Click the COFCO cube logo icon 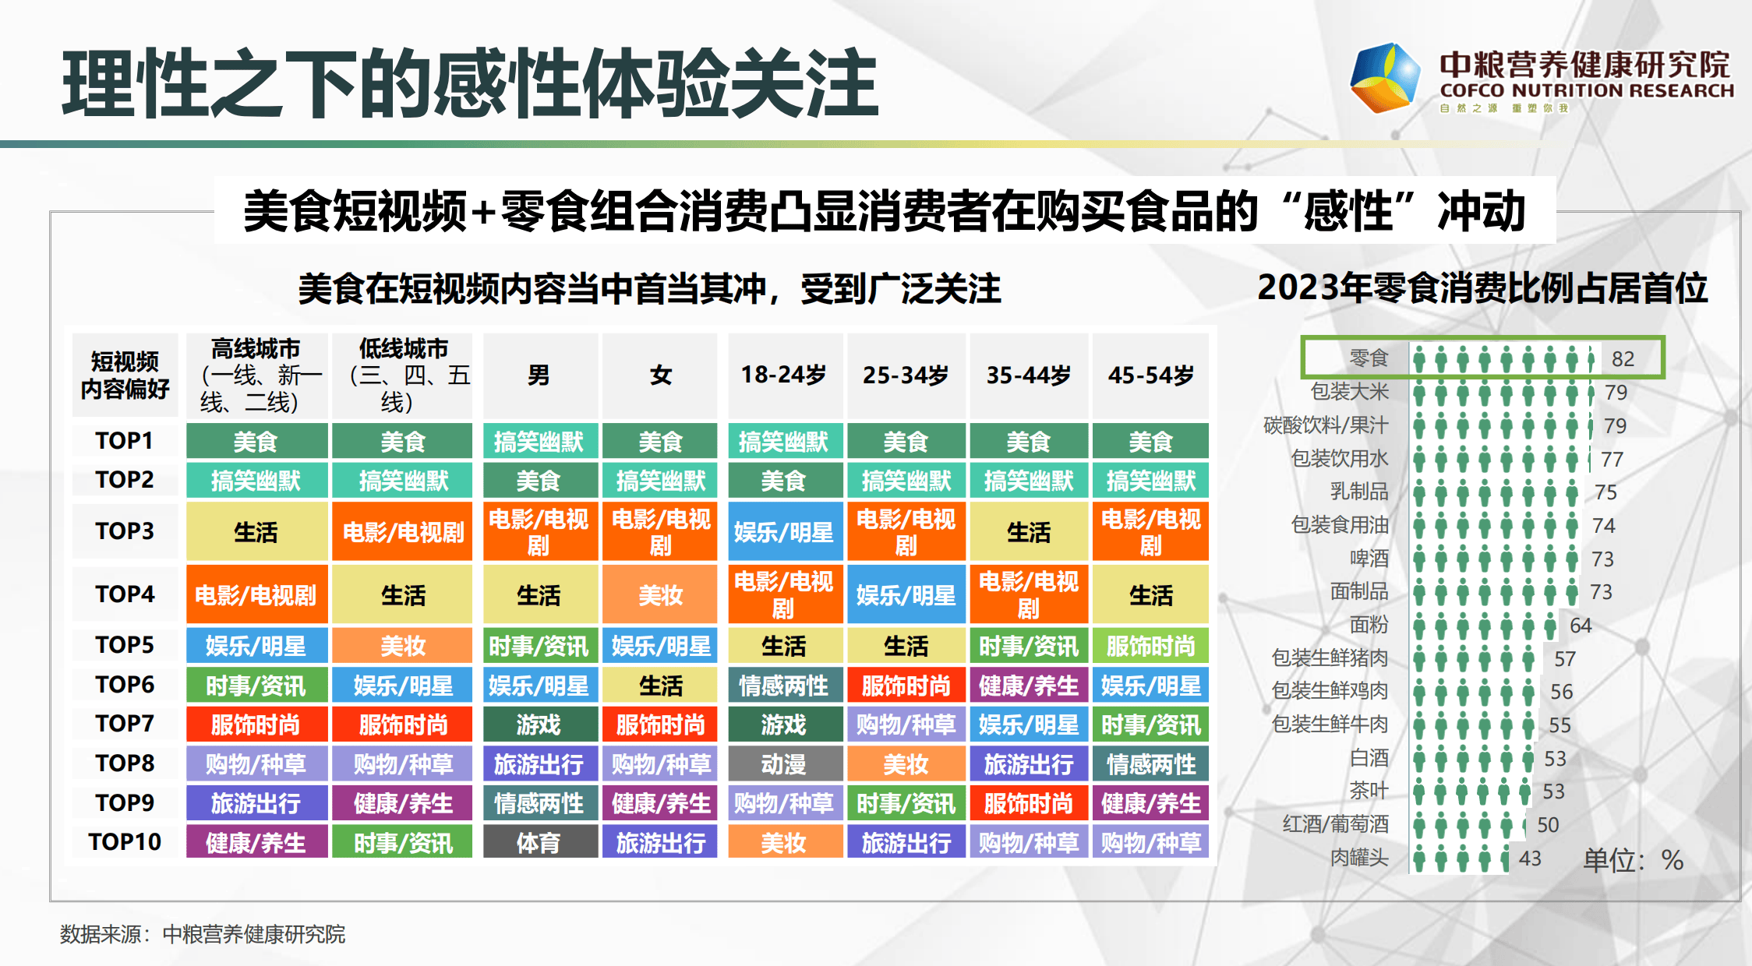(1385, 77)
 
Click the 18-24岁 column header (785, 375)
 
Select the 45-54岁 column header (1150, 375)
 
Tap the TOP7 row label (125, 724)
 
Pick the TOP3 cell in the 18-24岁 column (785, 532)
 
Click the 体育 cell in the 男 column (539, 842)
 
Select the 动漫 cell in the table (785, 763)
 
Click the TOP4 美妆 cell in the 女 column (661, 595)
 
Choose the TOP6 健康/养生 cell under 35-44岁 (1029, 686)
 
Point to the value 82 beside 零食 (1623, 358)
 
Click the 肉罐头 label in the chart (1359, 858)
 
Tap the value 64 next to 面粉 (1581, 625)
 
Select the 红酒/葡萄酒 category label (1336, 824)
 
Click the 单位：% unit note (1634, 860)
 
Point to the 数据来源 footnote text (203, 934)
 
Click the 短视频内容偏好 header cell (125, 375)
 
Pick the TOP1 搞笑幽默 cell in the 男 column (539, 442)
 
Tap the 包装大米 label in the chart (1350, 392)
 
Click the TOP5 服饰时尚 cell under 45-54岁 (1150, 646)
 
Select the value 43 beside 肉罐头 (1530, 858)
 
